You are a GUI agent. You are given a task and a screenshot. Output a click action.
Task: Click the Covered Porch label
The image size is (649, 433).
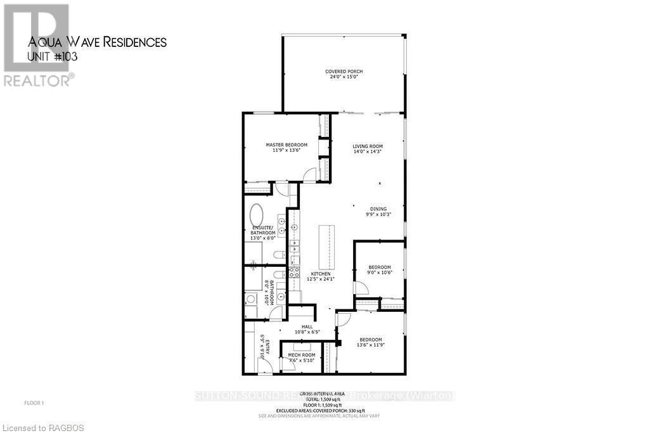[344, 71]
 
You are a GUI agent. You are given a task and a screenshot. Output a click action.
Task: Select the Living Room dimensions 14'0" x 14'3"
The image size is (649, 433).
[368, 152]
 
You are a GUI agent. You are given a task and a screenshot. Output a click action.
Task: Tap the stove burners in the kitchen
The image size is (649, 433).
[294, 272]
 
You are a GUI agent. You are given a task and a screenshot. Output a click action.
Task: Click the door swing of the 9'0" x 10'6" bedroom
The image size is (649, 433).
[360, 288]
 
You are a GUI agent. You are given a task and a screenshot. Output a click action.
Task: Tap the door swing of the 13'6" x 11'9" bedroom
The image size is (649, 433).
[342, 318]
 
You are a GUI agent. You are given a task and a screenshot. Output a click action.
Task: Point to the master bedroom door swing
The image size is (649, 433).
[309, 174]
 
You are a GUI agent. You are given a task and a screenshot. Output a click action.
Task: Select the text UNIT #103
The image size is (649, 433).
[53, 57]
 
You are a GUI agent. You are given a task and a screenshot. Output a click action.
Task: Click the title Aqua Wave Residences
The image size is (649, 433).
[97, 42]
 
